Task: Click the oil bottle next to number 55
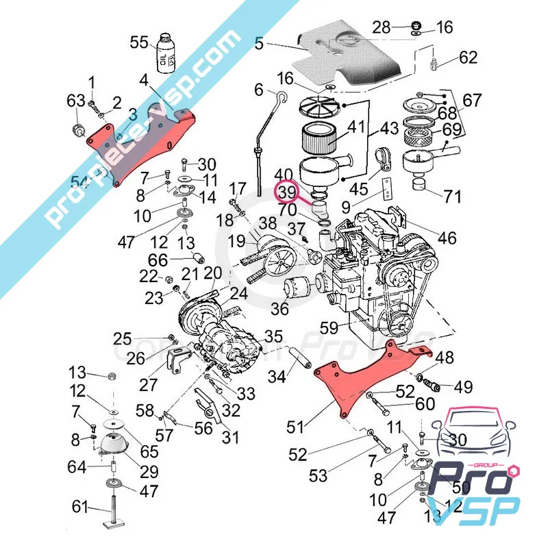166,53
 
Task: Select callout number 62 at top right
468,58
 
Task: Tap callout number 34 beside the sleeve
276,376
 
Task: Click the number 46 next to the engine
447,238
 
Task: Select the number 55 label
139,42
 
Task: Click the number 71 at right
452,198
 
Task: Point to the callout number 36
279,309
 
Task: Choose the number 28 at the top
382,27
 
